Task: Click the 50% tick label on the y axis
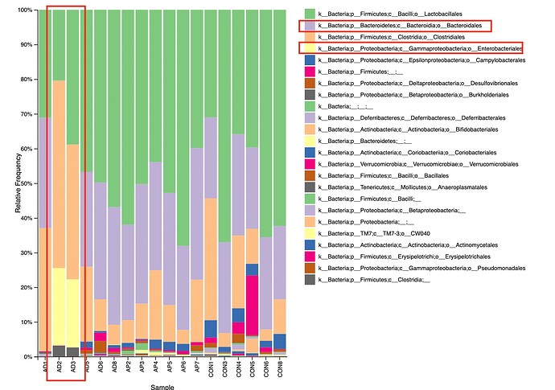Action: [x=25, y=183]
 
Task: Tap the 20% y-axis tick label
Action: [x=25, y=287]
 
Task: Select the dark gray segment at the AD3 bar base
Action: [x=72, y=351]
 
